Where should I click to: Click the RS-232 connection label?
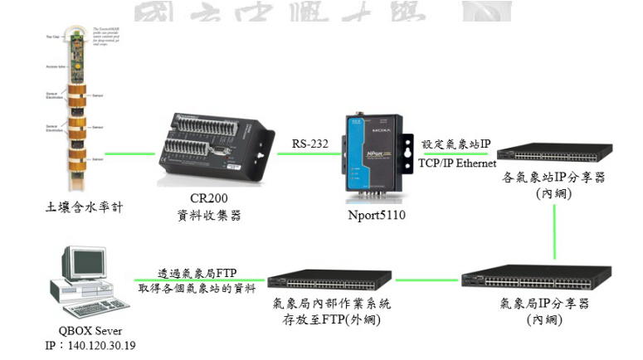click(310, 144)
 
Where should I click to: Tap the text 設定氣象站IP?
click(456, 144)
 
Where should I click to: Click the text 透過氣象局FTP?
click(198, 273)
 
